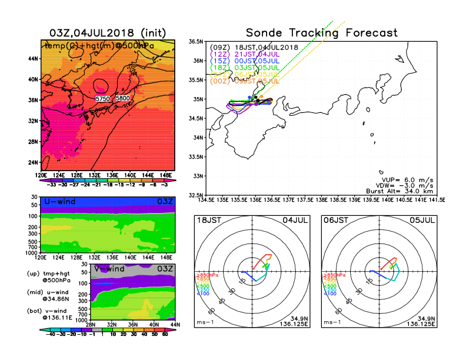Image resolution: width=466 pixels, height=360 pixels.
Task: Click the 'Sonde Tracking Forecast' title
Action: [x=321, y=33]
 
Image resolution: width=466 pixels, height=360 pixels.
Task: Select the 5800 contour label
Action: [x=123, y=98]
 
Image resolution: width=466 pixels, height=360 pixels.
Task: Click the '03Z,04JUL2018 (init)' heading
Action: [x=108, y=32]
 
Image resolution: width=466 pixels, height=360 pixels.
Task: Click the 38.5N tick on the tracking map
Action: [x=196, y=41]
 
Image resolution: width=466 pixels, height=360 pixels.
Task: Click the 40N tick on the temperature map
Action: [x=33, y=79]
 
